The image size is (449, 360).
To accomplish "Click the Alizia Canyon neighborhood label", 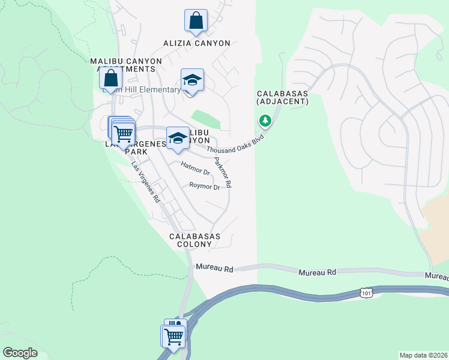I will [x=197, y=43].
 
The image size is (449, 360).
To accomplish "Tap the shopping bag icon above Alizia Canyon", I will [x=196, y=20].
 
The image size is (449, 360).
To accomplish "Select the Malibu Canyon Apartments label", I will [x=123, y=65].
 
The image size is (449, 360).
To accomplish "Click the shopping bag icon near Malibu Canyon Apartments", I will [x=111, y=78].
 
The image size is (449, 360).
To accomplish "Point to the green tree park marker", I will [x=265, y=121].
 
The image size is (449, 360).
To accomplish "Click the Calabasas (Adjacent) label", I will [x=282, y=98].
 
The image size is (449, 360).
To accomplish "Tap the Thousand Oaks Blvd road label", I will [x=235, y=144].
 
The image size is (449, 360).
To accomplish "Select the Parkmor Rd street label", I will [x=222, y=172].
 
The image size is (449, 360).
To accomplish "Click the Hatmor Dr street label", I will [x=195, y=168].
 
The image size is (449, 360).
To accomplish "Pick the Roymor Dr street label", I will [x=205, y=187].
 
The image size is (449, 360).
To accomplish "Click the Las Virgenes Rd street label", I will [x=146, y=182].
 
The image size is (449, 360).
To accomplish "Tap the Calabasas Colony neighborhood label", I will [x=194, y=241].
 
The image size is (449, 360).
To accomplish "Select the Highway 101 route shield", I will [x=367, y=292].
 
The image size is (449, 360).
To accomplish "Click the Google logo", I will [x=20, y=353].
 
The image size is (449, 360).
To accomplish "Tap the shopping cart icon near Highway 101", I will [x=173, y=335].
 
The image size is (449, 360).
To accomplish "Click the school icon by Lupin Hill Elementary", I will [x=193, y=80].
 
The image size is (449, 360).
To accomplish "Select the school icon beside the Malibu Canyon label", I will [x=178, y=137].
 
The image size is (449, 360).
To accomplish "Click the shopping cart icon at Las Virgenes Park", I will [x=124, y=133].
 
